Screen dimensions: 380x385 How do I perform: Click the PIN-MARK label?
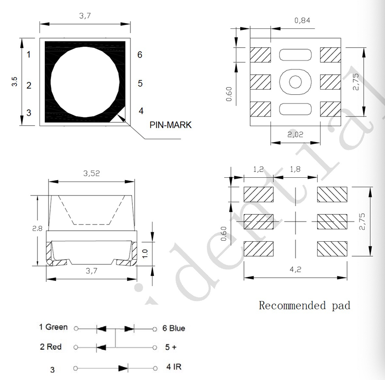170,125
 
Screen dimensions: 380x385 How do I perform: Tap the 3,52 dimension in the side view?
91,174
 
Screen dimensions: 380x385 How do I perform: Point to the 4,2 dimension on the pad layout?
295,270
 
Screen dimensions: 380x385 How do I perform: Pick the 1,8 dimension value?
295,170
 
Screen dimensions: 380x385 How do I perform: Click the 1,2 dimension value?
258,170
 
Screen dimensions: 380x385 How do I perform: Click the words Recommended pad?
304,305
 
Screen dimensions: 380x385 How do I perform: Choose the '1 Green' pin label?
53,328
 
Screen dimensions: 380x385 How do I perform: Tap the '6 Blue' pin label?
174,328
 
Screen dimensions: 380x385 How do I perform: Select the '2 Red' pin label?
53,347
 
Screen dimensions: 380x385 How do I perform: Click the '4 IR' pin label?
174,367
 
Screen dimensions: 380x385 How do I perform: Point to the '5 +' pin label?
170,347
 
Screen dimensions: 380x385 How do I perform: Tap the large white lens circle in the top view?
85,82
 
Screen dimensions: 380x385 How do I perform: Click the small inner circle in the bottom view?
296,81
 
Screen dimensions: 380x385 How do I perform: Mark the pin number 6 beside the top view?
140,54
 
